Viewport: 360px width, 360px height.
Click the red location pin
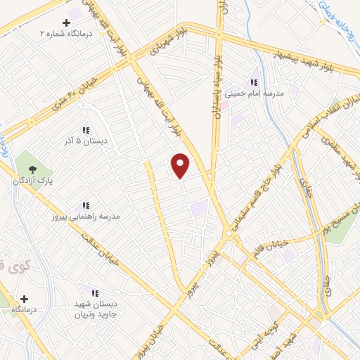[181, 165]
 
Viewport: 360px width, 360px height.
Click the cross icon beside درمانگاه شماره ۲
[67, 22]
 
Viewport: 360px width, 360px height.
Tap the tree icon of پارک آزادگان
[31, 168]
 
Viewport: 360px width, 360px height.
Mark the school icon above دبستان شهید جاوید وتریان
[94, 293]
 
